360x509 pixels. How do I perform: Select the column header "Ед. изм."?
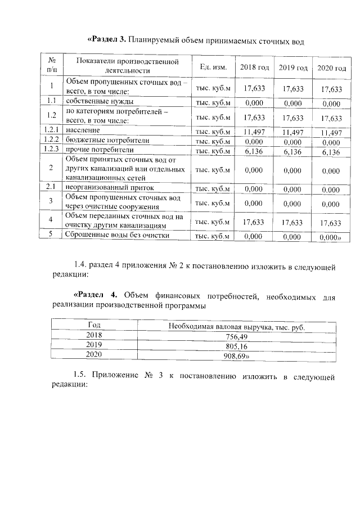[x=213, y=67]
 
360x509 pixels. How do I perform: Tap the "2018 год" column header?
[x=254, y=67]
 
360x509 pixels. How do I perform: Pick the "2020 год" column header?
[x=331, y=68]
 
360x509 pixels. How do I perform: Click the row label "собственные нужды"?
[x=100, y=102]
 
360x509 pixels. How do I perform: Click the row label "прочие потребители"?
[x=100, y=150]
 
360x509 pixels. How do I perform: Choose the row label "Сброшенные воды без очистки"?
[x=117, y=235]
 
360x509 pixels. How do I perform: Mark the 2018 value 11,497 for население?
[x=254, y=131]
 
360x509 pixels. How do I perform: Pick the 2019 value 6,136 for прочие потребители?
[x=292, y=151]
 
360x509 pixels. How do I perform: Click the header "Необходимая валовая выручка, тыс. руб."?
[x=241, y=326]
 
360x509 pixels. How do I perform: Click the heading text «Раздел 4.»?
[x=97, y=295]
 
